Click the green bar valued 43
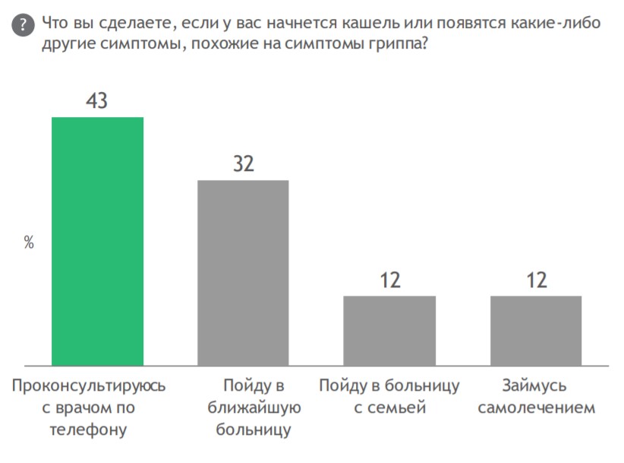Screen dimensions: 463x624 coord(97,241)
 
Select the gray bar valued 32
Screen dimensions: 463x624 coord(243,272)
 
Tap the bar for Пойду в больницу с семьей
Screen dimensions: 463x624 coord(389,330)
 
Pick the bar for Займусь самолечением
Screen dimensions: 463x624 coord(536,330)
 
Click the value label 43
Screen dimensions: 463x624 coord(96,101)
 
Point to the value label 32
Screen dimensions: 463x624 coord(243,163)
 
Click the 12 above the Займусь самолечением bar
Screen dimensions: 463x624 coord(536,280)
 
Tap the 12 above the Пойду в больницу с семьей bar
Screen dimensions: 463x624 coord(389,280)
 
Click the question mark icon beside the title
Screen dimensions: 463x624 coord(24,26)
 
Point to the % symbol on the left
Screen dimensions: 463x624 coord(29,243)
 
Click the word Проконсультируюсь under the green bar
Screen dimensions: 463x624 coord(89,385)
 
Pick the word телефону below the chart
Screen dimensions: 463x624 coord(88,430)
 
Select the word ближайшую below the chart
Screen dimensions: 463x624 coord(254,408)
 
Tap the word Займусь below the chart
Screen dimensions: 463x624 coord(536,385)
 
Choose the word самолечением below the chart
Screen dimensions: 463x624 coord(536,408)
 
